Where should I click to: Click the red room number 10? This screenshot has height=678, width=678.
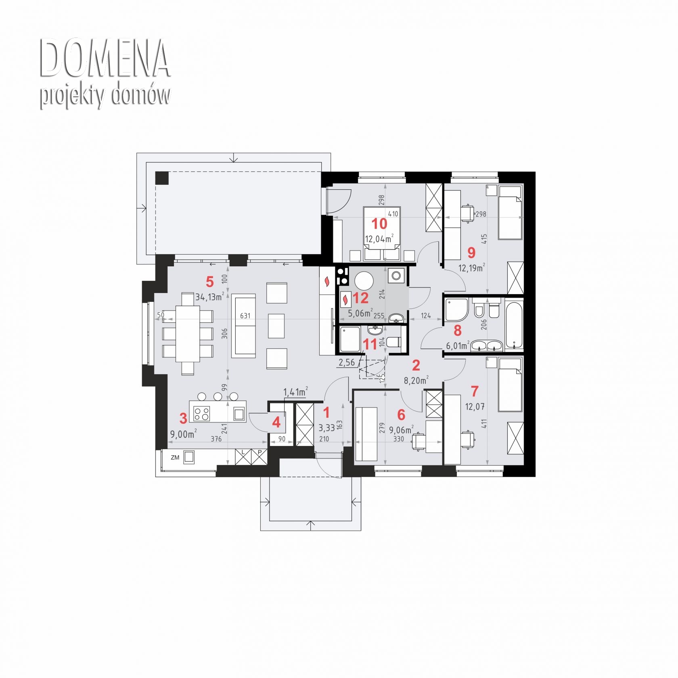pyautogui.click(x=379, y=224)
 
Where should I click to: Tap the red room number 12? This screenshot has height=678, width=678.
pyautogui.click(x=360, y=298)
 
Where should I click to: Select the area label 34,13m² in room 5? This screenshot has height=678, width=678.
pyautogui.click(x=209, y=297)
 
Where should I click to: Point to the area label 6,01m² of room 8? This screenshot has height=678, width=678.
pyautogui.click(x=458, y=345)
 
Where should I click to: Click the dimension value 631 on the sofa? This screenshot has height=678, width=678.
pyautogui.click(x=245, y=316)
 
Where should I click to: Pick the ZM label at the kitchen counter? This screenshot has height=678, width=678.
pyautogui.click(x=175, y=458)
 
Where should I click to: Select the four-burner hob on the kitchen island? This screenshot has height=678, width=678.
pyautogui.click(x=201, y=413)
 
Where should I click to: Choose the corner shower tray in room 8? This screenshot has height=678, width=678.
pyautogui.click(x=456, y=309)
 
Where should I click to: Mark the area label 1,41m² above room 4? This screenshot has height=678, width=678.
pyautogui.click(x=295, y=391)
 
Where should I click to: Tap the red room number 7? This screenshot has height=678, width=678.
pyautogui.click(x=475, y=391)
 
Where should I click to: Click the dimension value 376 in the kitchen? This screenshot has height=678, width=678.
pyautogui.click(x=216, y=439)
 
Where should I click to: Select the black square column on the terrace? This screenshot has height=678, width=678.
pyautogui.click(x=162, y=178)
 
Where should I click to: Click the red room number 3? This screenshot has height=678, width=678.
pyautogui.click(x=183, y=419)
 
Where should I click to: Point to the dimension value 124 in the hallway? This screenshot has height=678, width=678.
pyautogui.click(x=426, y=316)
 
